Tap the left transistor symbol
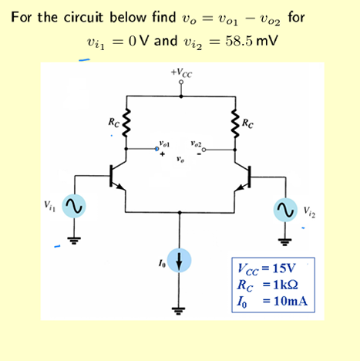(x=120, y=175)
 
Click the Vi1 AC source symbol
(x=74, y=207)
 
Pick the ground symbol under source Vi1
(x=74, y=237)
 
